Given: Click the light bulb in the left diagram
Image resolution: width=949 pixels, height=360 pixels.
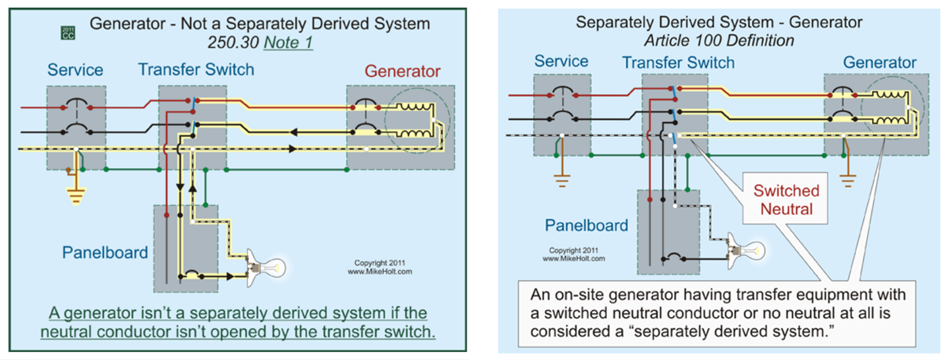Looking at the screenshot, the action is coord(266,268).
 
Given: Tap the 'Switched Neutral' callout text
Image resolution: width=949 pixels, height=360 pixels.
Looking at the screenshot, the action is coord(786,200).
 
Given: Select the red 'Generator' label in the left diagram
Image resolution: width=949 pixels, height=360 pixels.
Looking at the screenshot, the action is coord(403,71).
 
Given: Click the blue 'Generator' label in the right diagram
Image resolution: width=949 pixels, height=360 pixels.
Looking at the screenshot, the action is coord(880,63).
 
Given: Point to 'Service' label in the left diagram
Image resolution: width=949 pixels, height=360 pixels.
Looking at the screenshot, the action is coord(75,69).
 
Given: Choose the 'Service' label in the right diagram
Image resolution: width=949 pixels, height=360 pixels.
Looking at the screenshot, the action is coord(561,61).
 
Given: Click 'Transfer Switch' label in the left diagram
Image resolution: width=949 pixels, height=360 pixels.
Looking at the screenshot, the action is coord(196,69).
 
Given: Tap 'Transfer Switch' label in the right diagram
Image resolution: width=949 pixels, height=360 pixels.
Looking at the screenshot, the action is coord(678,63).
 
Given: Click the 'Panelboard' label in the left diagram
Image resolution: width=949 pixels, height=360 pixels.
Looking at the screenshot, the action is coord(105,253).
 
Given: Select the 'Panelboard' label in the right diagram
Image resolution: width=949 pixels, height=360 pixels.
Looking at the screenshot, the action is coord(587,225).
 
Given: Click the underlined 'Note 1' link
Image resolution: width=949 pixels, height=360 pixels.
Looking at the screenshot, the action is coord(288,42).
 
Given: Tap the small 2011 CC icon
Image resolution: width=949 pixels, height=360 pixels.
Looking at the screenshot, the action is coord(68,33).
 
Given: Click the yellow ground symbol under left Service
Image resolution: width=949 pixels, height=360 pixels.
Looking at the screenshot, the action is coord(76,195).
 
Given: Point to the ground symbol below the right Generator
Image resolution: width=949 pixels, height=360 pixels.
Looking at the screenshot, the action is coord(848,181).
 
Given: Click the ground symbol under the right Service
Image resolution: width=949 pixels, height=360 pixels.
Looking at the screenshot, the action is coord(561,181).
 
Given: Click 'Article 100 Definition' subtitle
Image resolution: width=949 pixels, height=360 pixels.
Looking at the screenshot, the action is coord(719,41).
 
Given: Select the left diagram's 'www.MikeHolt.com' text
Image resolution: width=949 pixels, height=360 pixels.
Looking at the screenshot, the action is coord(380,272).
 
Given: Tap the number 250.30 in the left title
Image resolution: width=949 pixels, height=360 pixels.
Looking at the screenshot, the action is coord(233,42).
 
